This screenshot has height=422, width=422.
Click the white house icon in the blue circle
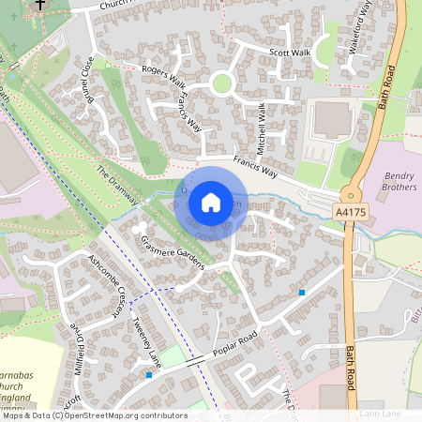[x=211, y=201]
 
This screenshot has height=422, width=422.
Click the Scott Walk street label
[x=289, y=53]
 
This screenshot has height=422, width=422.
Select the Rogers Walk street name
[x=163, y=81]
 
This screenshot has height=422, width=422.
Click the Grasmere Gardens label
[x=173, y=252]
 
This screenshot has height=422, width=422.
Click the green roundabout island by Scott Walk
[x=221, y=83]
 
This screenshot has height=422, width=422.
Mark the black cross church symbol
[x=38, y=5]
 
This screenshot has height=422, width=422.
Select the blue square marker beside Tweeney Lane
[x=148, y=375]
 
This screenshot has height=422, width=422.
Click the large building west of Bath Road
[x=331, y=119]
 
